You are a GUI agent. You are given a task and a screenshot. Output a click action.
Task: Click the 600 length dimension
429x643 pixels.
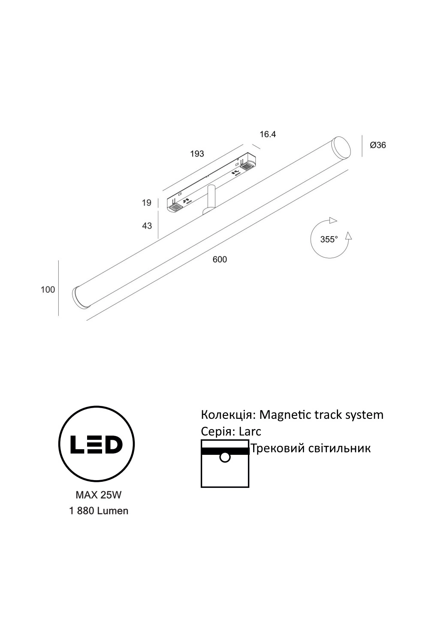(220, 259)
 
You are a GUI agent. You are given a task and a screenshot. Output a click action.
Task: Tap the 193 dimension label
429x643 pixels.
(197, 154)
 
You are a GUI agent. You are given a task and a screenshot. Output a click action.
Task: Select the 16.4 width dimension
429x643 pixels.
(268, 134)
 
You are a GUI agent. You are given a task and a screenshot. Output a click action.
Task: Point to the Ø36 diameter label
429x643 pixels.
(378, 145)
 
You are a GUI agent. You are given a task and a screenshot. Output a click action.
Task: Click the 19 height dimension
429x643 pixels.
(147, 203)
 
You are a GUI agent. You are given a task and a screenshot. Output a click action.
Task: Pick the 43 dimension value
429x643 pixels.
(147, 226)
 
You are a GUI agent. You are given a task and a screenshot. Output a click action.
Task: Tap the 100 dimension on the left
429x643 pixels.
(48, 290)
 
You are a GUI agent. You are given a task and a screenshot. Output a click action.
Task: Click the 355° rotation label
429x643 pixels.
(329, 239)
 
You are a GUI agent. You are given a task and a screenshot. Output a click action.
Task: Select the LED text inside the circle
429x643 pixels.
(97, 444)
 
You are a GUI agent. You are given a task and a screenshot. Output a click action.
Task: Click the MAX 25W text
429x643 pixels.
(99, 495)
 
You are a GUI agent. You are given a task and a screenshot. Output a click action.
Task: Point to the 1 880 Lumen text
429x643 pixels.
(99, 511)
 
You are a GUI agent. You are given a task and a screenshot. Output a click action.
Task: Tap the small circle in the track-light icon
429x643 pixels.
(225, 457)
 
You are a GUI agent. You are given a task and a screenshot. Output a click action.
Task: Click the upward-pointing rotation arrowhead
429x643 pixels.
(348, 236)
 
